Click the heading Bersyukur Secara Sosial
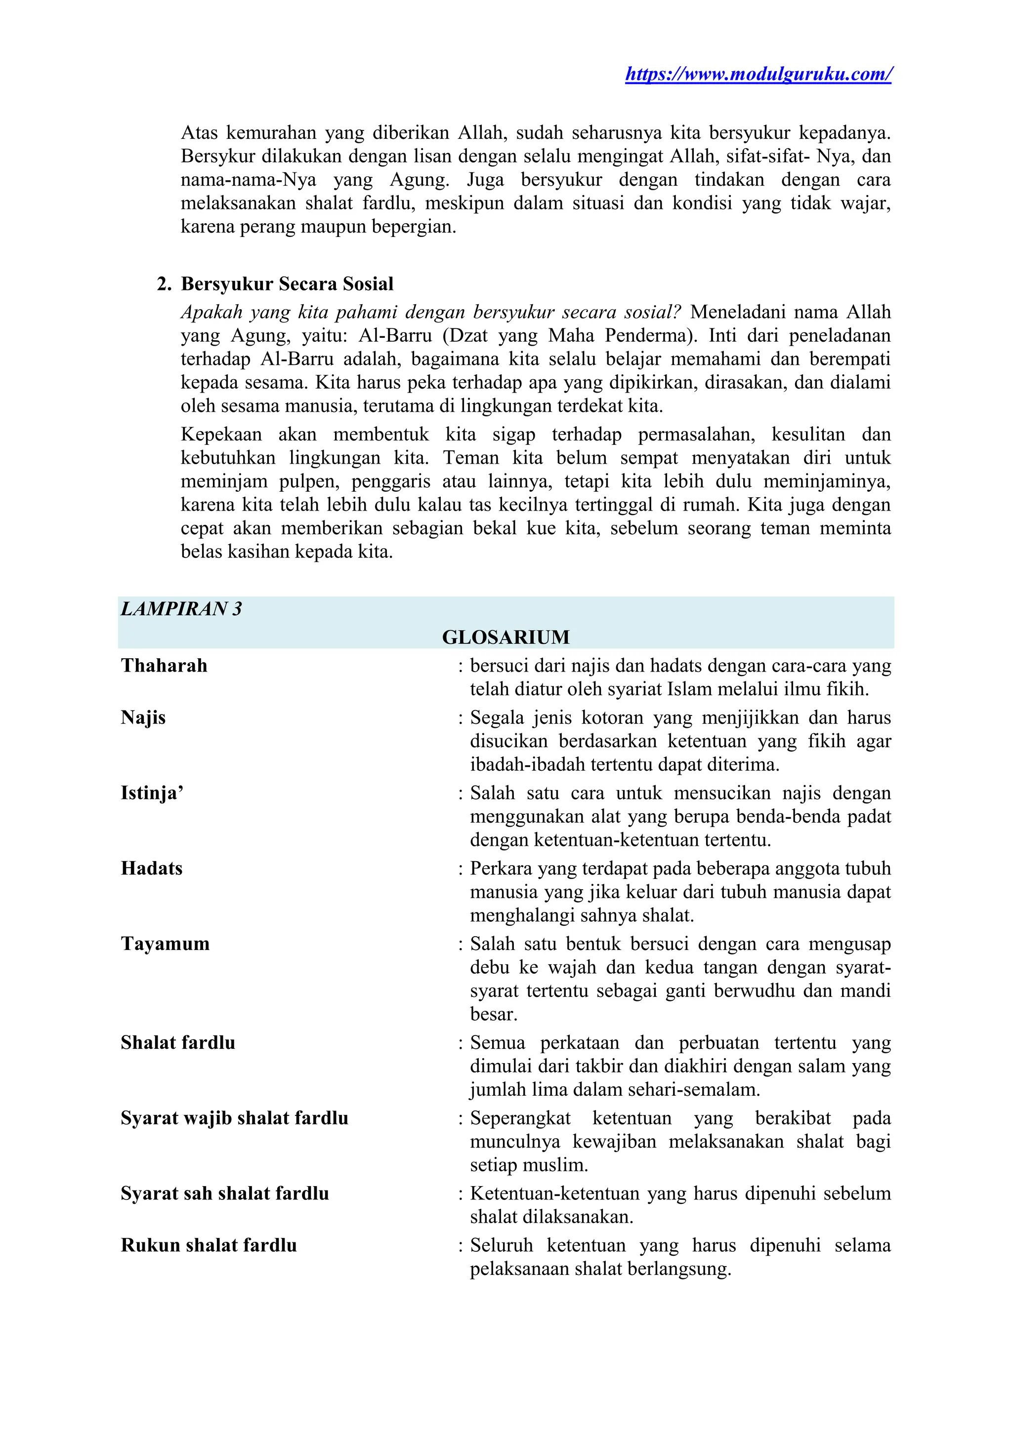[287, 284]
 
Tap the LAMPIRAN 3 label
[181, 608]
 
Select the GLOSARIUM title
[506, 637]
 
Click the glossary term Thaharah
[164, 666]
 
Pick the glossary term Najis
[143, 717]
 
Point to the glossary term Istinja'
[152, 793]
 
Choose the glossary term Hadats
[151, 868]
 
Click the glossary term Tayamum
[165, 944]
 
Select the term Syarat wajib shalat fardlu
[234, 1118]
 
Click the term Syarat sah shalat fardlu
[224, 1193]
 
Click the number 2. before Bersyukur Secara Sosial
[164, 284]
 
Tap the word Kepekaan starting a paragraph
[221, 434]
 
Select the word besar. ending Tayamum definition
[494, 1015]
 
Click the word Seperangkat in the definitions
[520, 1118]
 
